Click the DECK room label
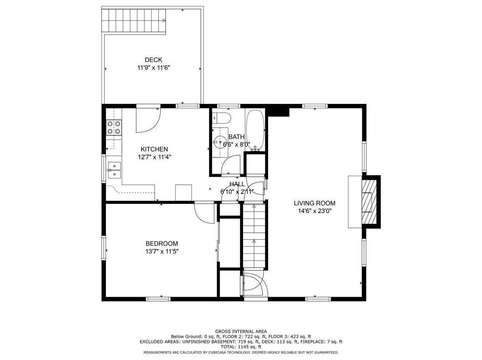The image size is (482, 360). click(153, 60)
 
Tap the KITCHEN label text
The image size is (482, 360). click(154, 149)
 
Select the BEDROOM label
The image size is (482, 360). click(162, 244)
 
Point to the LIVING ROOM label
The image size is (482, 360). click(314, 203)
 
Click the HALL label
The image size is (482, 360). click(237, 184)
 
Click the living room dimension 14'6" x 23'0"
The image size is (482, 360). click(314, 211)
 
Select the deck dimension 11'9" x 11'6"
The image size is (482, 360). click(154, 68)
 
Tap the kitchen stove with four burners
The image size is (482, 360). click(114, 128)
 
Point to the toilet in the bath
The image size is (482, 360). click(222, 118)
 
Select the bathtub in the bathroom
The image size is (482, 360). click(256, 131)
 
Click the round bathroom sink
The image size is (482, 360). click(219, 142)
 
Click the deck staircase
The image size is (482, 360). click(134, 21)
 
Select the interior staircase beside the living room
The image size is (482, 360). click(254, 236)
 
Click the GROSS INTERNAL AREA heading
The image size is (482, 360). click(241, 331)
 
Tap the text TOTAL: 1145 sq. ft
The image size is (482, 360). click(241, 347)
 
